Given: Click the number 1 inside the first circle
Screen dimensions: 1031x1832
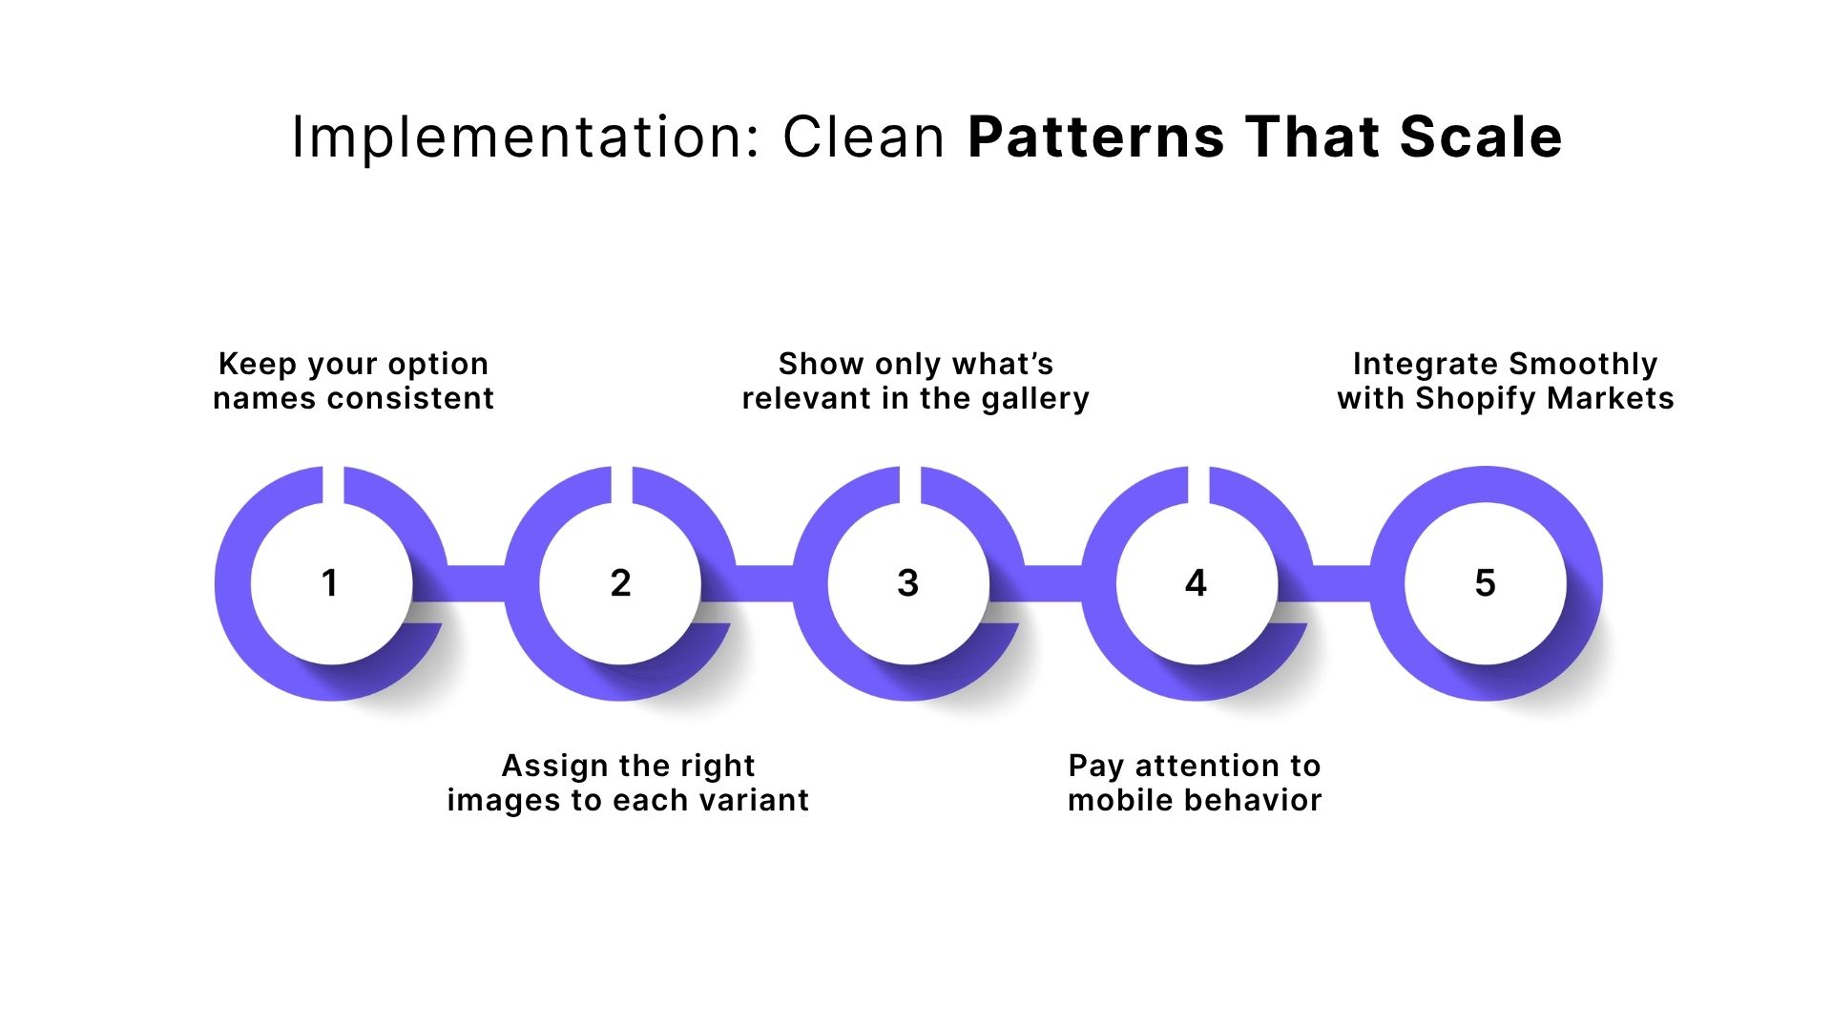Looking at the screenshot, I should click(x=330, y=583).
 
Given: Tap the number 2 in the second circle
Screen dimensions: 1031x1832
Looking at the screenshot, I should click(x=620, y=583).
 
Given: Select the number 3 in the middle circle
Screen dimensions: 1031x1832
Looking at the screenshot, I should click(x=908, y=583).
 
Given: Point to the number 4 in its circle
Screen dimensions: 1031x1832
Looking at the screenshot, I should click(x=1196, y=583).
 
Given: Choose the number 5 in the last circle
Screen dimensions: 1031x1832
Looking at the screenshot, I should click(x=1485, y=583).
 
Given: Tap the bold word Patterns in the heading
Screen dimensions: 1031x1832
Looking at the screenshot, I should click(x=1096, y=137).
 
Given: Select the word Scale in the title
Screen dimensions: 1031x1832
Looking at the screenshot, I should click(x=1481, y=137).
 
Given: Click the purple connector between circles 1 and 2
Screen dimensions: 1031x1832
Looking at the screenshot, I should click(x=475, y=583).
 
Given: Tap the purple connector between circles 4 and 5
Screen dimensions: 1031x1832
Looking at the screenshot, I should click(x=1342, y=583).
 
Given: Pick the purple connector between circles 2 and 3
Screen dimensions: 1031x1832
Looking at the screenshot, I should click(x=764, y=583).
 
